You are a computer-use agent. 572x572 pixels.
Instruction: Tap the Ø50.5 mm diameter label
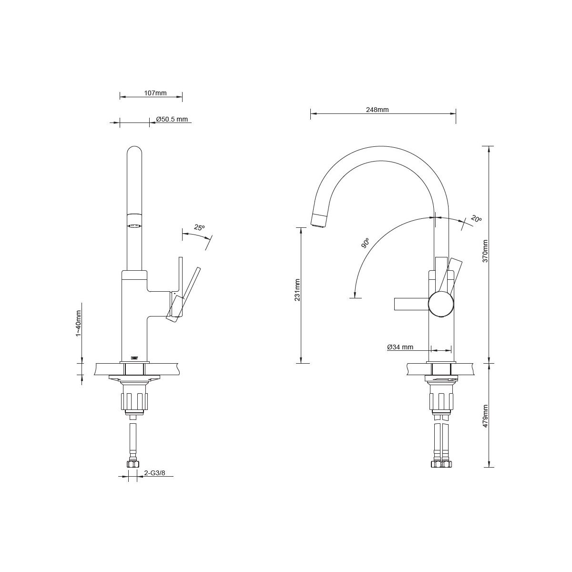coord(172,119)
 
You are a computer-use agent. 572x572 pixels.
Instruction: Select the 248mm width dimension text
coord(377,110)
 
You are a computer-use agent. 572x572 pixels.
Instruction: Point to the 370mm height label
coord(485,251)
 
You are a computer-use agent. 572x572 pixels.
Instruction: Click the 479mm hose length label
coord(485,416)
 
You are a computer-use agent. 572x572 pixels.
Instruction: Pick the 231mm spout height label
coord(297,290)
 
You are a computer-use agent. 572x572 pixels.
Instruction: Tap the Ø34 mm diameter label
coord(400,347)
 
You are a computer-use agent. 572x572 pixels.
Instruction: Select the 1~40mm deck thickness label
coord(78,323)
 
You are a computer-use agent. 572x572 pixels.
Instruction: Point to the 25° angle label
coord(199,227)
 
